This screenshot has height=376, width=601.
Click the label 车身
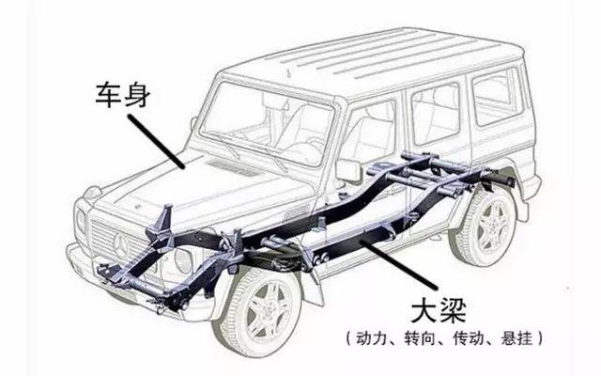[123, 94]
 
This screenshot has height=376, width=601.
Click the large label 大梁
[439, 311]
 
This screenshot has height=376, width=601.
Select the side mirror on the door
[348, 171]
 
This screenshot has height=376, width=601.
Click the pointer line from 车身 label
[156, 142]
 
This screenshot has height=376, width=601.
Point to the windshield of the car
[266, 123]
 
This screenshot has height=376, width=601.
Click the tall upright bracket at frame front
[165, 222]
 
